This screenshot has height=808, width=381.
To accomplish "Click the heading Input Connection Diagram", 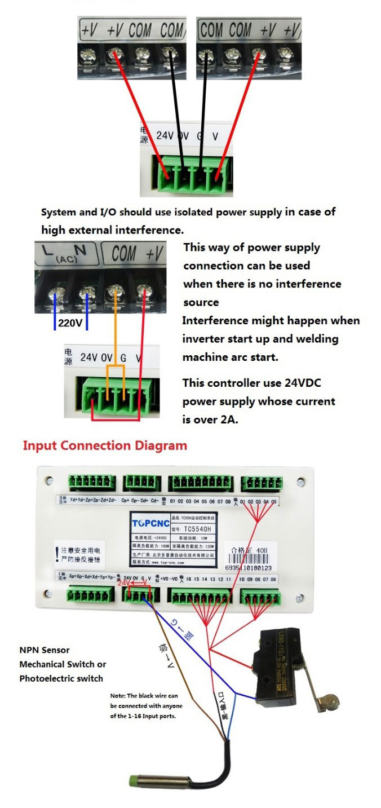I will (105, 445).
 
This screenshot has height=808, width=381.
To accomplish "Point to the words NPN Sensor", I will (45, 650).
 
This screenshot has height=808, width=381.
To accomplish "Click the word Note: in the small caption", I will (118, 696).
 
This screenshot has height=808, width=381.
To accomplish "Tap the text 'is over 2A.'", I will (210, 420).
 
